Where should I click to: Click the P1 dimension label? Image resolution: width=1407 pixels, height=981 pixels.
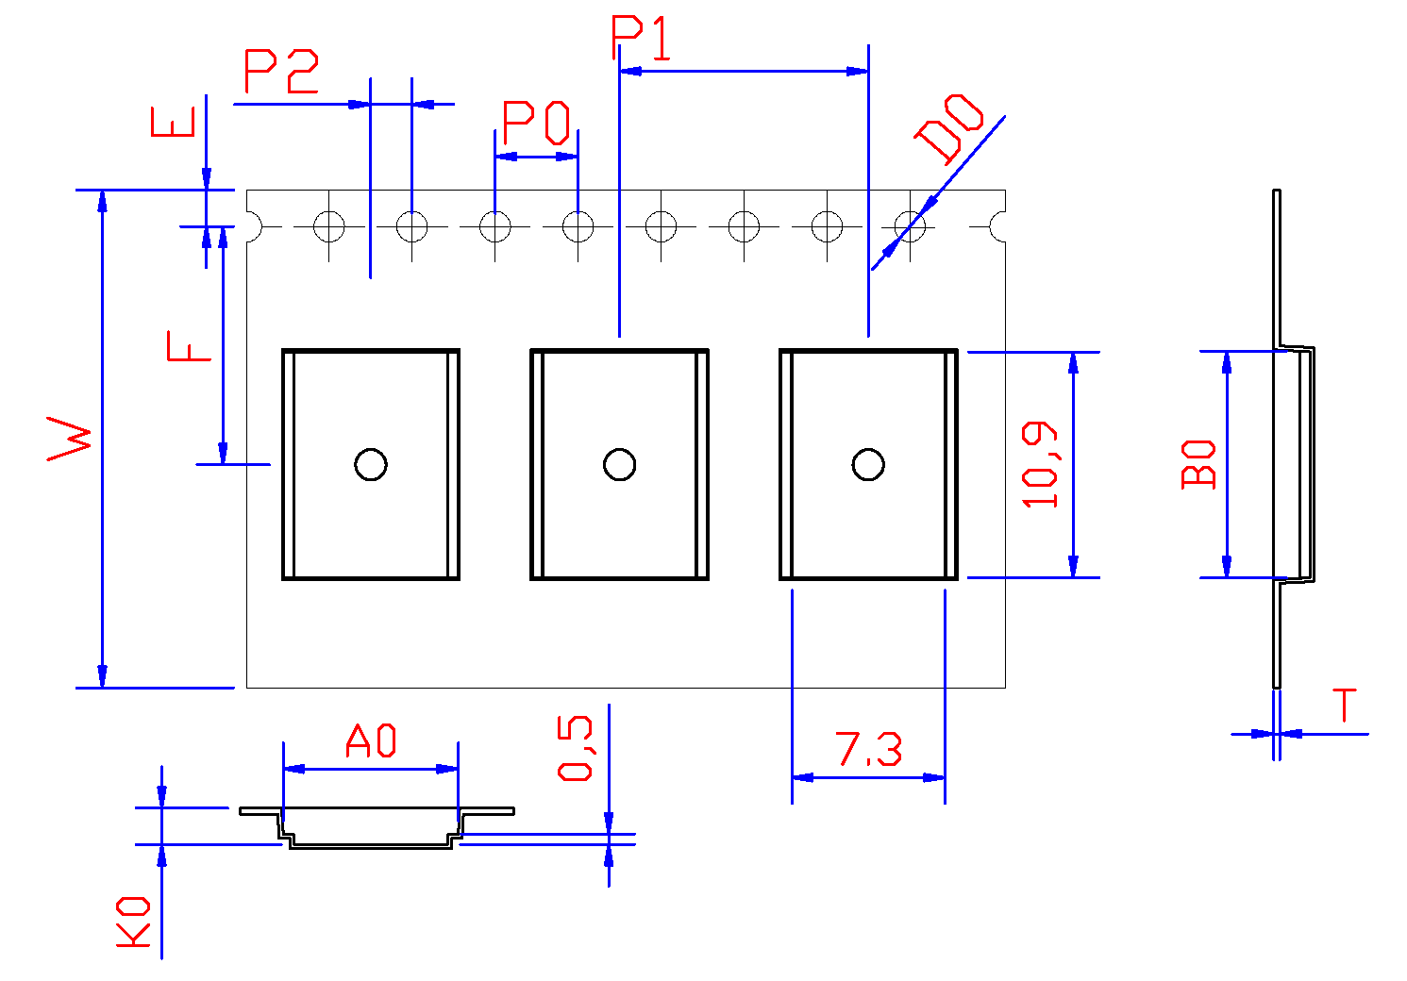point(642,38)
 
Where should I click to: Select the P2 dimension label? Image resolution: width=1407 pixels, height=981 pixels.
point(281,72)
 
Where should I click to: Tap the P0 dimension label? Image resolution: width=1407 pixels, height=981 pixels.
point(536,123)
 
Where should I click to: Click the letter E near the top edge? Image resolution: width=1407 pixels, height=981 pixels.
point(174,123)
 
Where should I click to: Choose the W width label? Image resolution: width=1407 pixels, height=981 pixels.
point(71,440)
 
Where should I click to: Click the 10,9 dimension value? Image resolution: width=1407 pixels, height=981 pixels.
point(1042,465)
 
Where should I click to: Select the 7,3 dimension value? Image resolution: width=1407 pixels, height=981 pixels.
point(868,750)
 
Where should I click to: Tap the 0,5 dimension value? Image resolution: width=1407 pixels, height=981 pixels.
point(576,748)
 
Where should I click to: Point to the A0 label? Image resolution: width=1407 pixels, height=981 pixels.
point(371,741)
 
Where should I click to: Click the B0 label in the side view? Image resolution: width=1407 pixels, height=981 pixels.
point(1199,463)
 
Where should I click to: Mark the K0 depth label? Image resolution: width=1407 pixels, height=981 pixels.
point(133,922)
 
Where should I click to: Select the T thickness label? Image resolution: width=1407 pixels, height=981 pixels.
point(1344,706)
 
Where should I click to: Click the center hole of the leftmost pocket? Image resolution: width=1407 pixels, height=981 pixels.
point(371,464)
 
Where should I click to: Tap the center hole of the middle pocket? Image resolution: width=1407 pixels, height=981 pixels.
point(620,464)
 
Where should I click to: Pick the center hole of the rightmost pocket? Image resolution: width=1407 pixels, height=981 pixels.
point(868,464)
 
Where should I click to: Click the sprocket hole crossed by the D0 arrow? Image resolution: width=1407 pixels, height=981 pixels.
point(910,226)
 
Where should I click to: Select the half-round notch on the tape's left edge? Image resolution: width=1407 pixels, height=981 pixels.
point(252,226)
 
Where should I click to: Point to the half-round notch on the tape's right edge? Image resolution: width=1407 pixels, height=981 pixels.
point(999,226)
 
